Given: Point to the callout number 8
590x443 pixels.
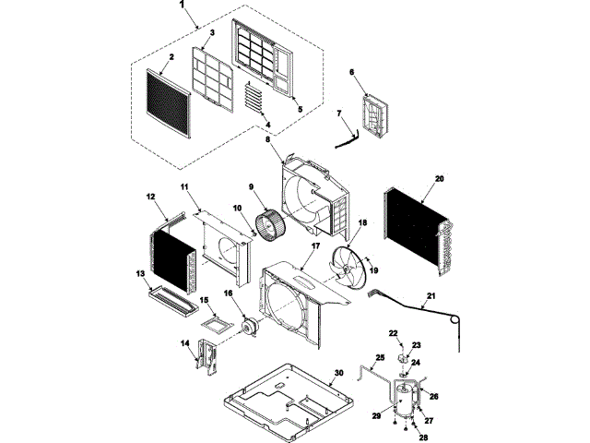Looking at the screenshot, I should click(268, 139).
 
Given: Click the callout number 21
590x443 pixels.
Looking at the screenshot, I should click(429, 297).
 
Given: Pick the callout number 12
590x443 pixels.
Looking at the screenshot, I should click(150, 196).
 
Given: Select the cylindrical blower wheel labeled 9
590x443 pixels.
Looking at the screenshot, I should click(271, 224).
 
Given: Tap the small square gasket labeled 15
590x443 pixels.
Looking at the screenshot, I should click(217, 325).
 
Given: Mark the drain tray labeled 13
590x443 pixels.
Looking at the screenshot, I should click(172, 297).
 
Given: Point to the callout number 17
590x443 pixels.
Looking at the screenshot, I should click(314, 246).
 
